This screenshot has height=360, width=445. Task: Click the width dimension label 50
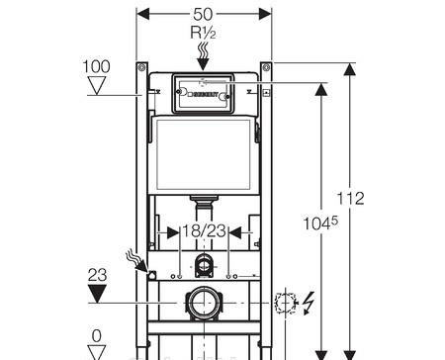tap(203, 14)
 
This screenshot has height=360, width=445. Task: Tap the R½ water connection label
tap(203, 33)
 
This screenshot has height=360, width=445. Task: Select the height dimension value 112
tap(350, 199)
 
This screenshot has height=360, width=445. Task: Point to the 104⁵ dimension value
tap(320, 224)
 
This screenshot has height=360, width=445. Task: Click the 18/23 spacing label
tap(204, 230)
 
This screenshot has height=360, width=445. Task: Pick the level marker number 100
tap(96, 66)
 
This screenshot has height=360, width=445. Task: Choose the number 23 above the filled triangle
tap(97, 275)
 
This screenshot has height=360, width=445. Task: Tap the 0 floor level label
tap(97, 336)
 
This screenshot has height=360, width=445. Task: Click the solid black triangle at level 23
tap(97, 294)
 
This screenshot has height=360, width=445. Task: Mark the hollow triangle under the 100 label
tap(97, 85)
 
